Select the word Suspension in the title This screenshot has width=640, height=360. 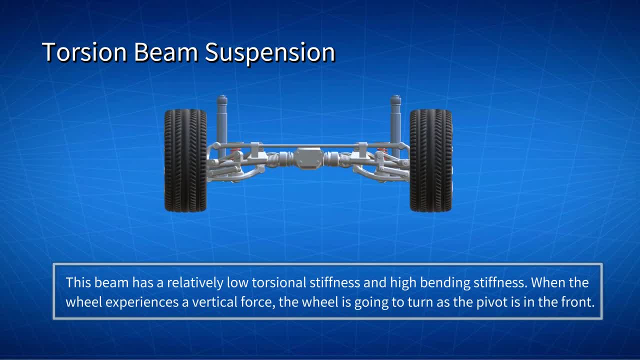[270, 53]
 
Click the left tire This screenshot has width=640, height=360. [185, 160]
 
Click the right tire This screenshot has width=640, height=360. [431, 160]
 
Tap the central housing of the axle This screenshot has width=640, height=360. [308, 158]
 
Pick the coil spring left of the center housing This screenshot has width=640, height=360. [273, 160]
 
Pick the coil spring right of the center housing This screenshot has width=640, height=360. [344, 160]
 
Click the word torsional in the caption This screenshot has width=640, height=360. [279, 282]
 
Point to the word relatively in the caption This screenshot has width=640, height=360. [195, 283]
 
